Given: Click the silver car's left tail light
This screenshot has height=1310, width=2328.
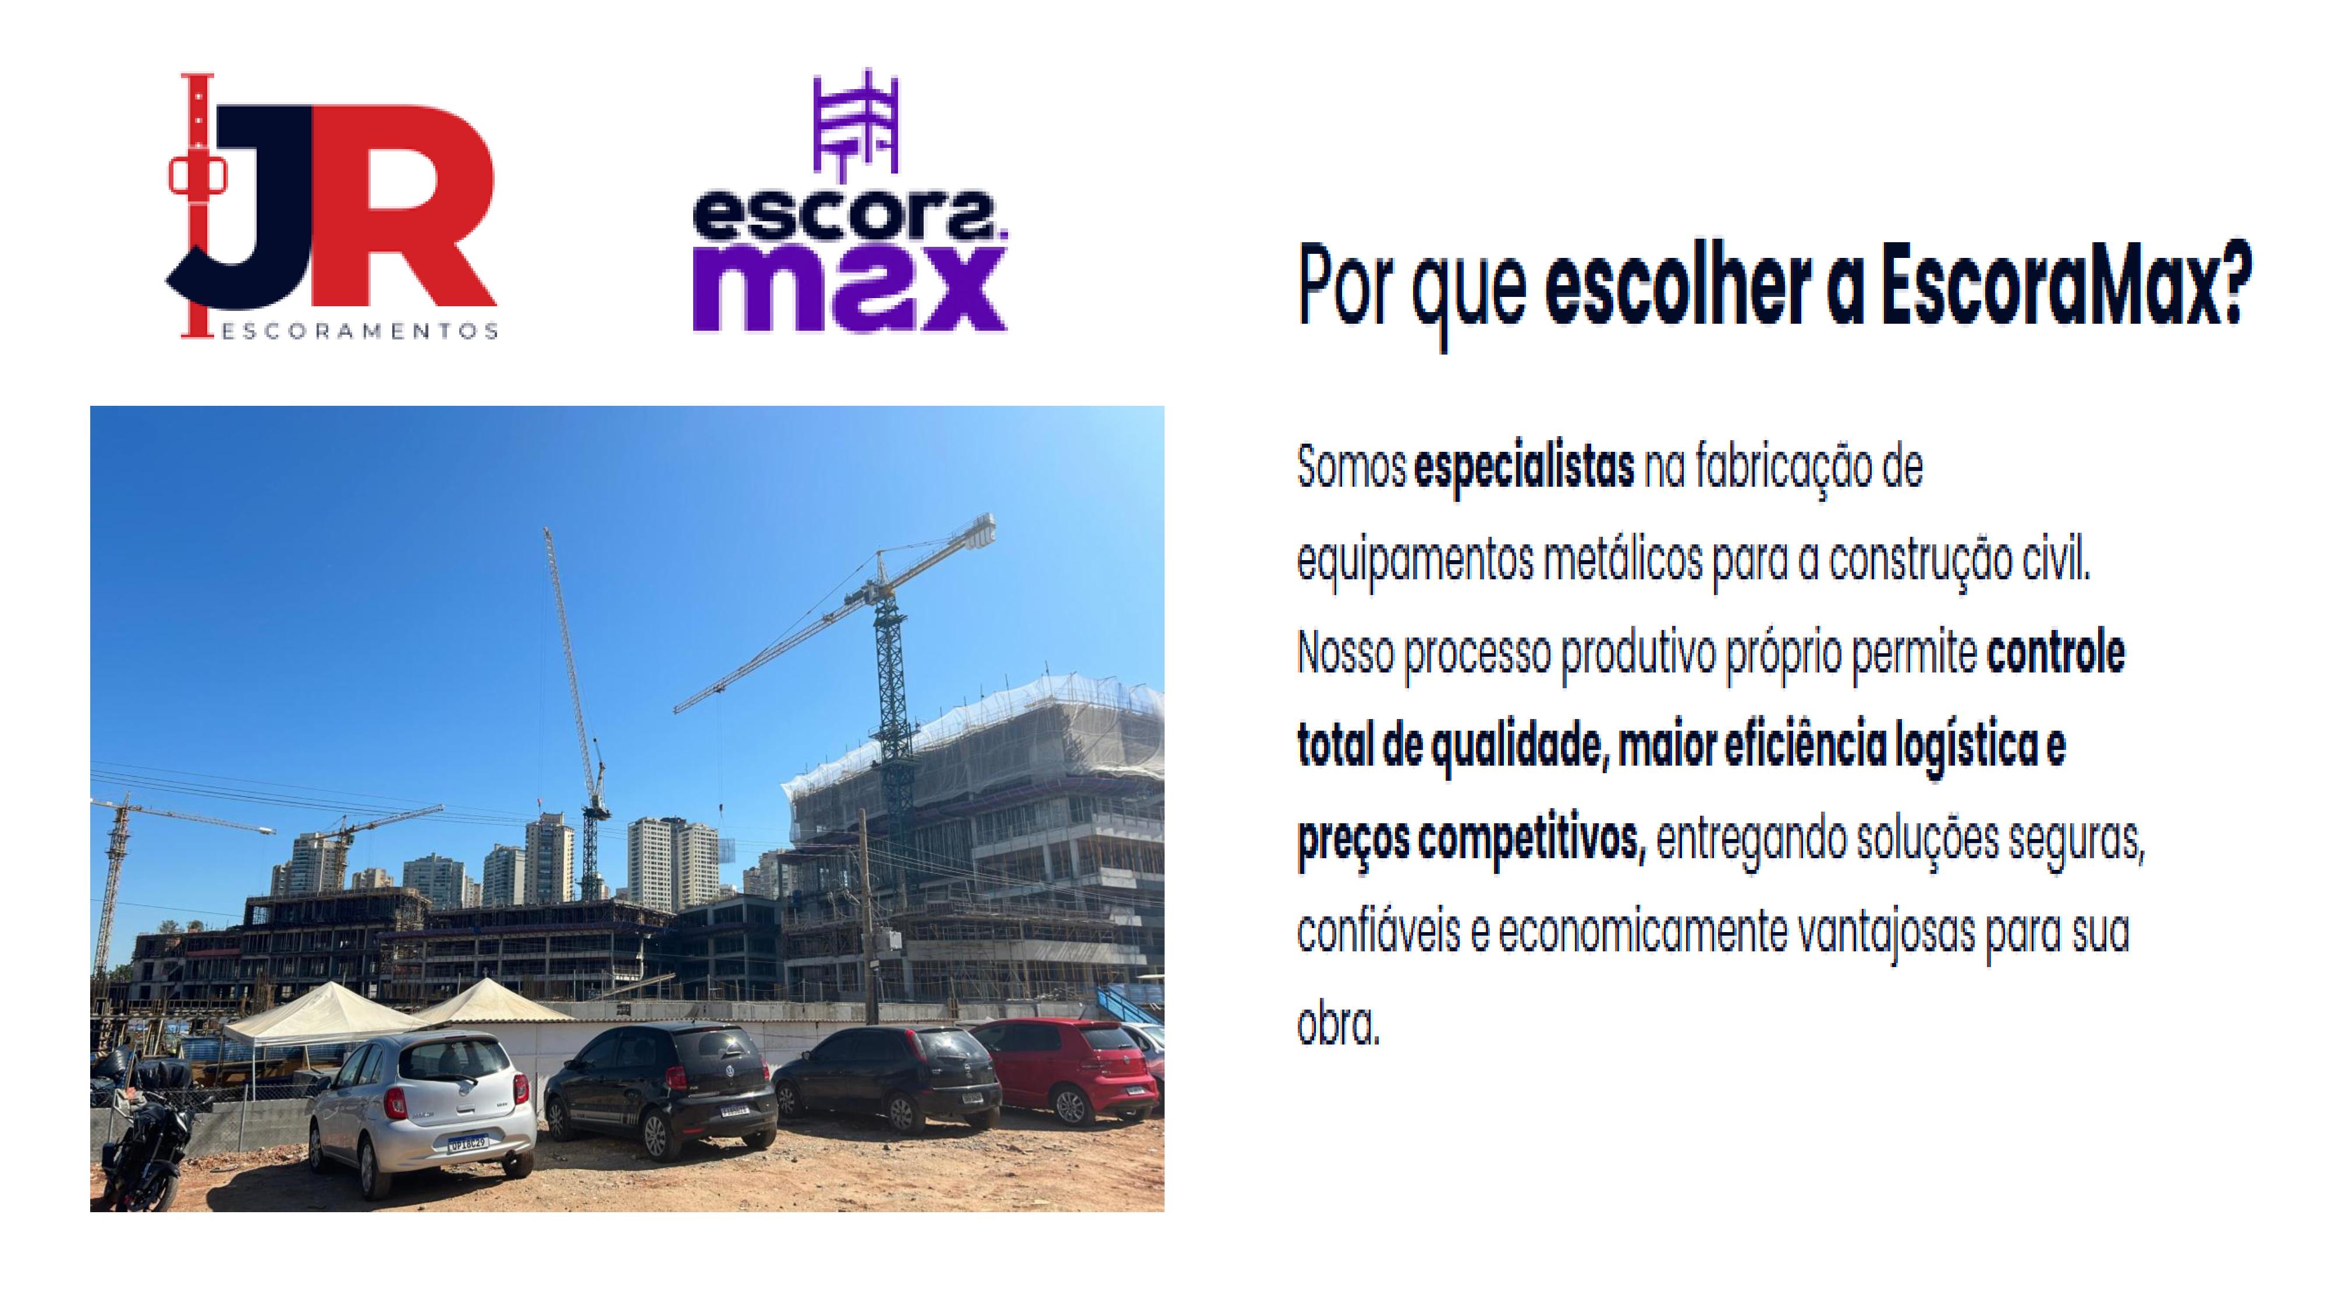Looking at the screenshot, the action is tap(396, 1101).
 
